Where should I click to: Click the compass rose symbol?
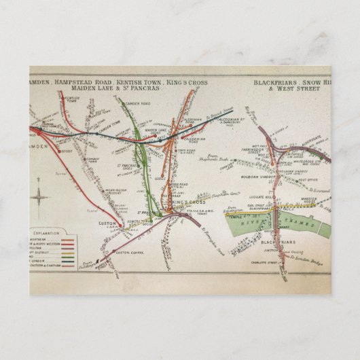pos(40,199)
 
